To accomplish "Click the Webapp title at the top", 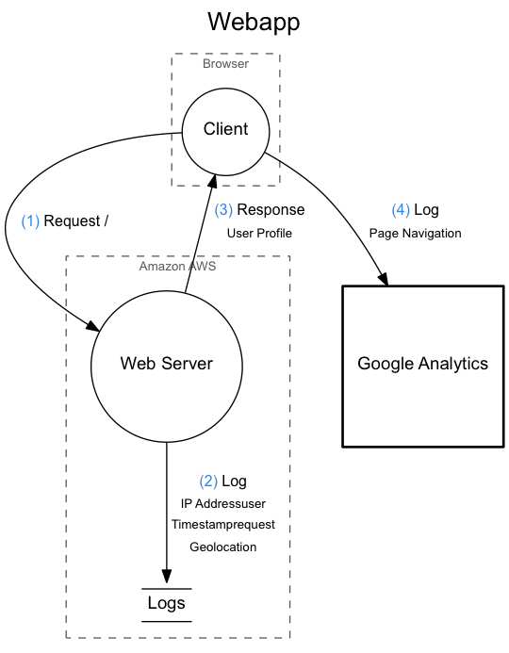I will (254, 22).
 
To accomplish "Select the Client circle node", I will (226, 129).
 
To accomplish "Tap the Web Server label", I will (166, 364).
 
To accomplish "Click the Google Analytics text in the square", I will (422, 364).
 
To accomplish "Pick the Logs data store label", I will (167, 603).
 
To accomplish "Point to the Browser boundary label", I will (226, 64).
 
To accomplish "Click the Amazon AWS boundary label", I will (177, 266).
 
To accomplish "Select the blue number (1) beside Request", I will (30, 221).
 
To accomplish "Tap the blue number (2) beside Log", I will (208, 482).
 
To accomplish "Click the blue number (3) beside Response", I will (222, 209).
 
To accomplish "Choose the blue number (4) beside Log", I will (401, 210).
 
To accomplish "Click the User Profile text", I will (259, 233).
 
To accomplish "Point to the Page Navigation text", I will (415, 233).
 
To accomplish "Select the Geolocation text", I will (222, 546).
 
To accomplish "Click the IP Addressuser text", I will (222, 504).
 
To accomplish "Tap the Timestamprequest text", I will (222, 525).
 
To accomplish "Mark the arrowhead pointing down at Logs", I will (167, 578).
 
